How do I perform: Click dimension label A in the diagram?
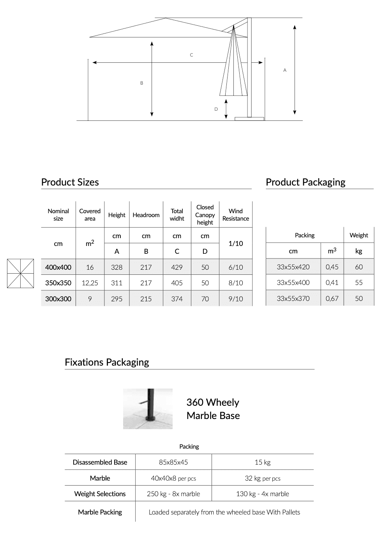[285, 70]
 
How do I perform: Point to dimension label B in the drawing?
[142, 83]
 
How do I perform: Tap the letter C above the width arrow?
[191, 55]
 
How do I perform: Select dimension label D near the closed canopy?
[216, 109]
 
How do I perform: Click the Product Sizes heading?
[70, 182]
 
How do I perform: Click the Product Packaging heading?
[305, 182]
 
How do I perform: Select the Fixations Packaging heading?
[107, 362]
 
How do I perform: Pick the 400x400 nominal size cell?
[58, 267]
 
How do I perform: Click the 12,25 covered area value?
[90, 283]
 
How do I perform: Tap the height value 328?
[117, 267]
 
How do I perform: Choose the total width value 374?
[177, 299]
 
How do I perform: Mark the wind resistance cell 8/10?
[236, 283]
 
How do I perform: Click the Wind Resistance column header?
[236, 215]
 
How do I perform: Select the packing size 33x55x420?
[293, 267]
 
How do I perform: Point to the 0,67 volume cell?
[332, 299]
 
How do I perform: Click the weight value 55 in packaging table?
[359, 283]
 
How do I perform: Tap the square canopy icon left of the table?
[20, 273]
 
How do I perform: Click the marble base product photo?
[148, 408]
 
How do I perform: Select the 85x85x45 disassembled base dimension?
[173, 462]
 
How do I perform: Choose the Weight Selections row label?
[100, 494]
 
